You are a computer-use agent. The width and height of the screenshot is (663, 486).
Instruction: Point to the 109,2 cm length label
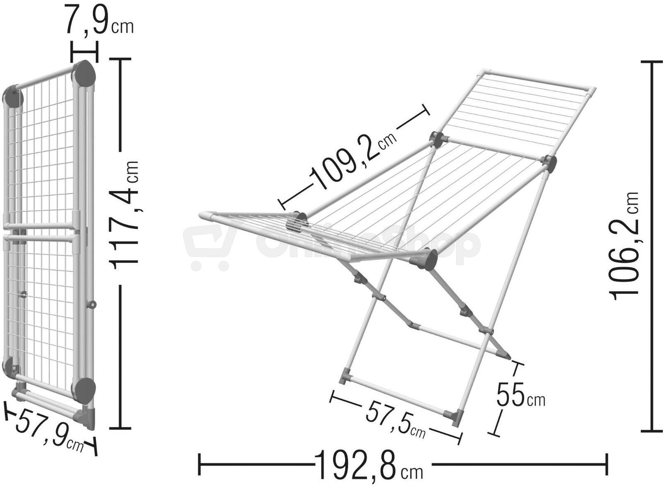(x=352, y=160)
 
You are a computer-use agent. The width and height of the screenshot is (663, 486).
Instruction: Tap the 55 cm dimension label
(x=520, y=395)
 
